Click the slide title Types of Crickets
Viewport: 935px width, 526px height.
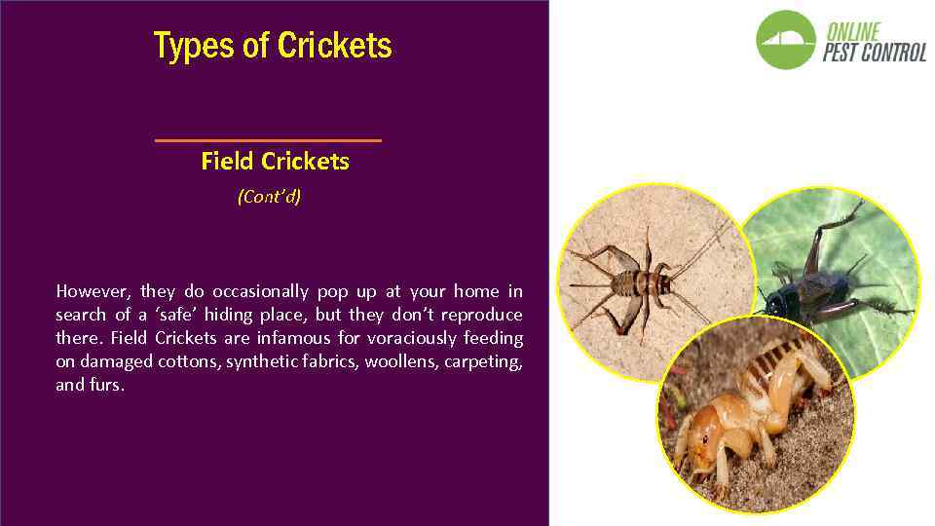tap(273, 46)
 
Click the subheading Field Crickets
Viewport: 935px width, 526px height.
tap(275, 161)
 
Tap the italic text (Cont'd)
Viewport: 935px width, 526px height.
tap(269, 197)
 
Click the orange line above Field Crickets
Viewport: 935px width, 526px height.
tap(268, 140)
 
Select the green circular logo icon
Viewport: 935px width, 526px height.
tap(786, 40)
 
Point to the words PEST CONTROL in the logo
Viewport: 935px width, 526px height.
tap(874, 53)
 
